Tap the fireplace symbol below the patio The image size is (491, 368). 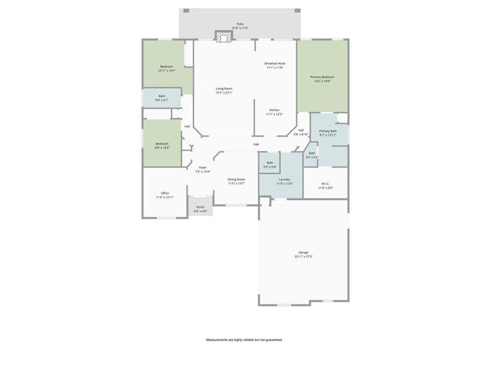point(223,37)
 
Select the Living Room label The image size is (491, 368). point(223,90)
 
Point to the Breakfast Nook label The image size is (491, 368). point(275,65)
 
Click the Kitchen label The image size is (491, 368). point(275,113)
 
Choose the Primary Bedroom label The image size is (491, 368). point(322,79)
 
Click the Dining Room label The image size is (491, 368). point(236,182)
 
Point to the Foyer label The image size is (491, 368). point(203,169)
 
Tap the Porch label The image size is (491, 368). point(200,209)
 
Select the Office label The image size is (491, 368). point(165,195)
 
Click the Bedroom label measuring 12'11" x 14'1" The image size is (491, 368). point(166,68)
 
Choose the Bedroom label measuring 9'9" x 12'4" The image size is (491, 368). point(162,146)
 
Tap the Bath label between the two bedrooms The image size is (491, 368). point(162,98)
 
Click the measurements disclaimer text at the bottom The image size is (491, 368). point(244,339)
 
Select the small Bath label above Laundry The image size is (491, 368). point(269,164)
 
